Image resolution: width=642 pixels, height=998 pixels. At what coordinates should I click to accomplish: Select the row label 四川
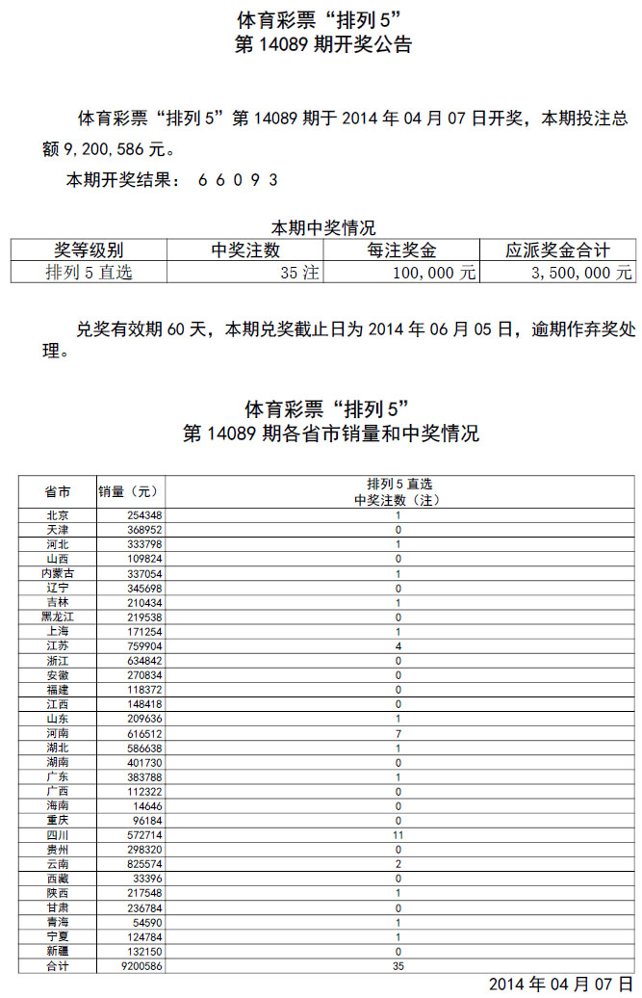click(x=58, y=834)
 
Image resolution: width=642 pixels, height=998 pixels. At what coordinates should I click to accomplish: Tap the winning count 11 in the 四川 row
click(x=398, y=834)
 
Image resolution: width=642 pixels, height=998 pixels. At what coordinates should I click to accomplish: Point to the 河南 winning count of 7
click(x=398, y=732)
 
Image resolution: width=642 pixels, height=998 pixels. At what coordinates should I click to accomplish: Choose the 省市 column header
click(x=58, y=491)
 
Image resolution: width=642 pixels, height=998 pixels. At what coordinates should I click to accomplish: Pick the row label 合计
click(x=58, y=965)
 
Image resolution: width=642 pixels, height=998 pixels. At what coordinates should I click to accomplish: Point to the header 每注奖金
click(x=401, y=250)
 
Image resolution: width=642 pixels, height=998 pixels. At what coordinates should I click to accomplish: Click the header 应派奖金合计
click(x=557, y=250)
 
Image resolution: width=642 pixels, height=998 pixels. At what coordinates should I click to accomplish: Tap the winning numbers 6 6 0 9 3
click(x=239, y=180)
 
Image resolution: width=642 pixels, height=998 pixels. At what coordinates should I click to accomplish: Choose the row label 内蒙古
click(x=58, y=572)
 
